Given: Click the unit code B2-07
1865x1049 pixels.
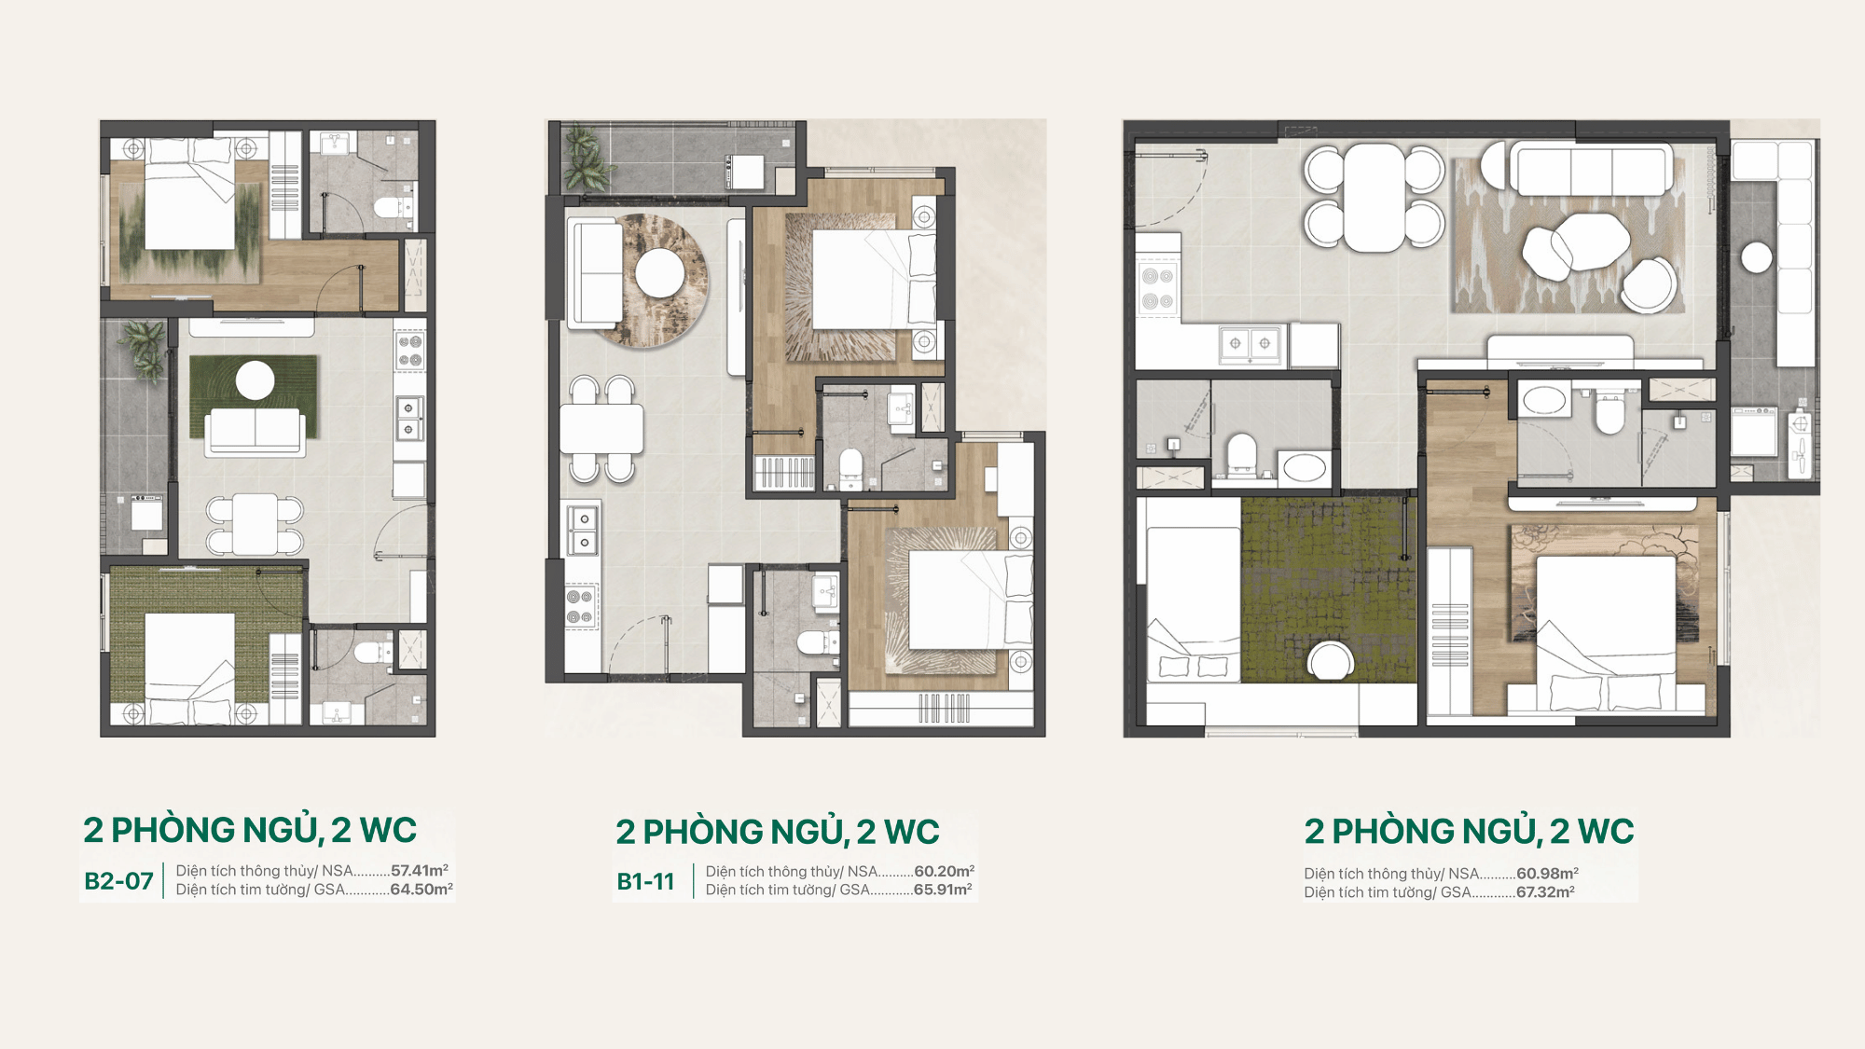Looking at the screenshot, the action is [118, 881].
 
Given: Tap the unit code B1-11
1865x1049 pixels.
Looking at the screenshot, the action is [645, 881].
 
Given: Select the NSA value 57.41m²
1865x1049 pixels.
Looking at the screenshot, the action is [420, 870].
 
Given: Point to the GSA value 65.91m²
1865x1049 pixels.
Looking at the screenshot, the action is [943, 890].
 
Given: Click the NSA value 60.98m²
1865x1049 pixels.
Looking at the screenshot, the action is [1547, 874].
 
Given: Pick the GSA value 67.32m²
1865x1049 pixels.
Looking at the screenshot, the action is [1545, 892].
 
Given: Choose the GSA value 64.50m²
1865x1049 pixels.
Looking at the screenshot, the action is [421, 890].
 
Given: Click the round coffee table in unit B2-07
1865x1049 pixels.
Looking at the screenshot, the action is [255, 380].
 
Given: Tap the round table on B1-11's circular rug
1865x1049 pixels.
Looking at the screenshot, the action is [661, 272].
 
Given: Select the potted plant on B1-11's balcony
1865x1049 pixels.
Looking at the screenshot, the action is [587, 159].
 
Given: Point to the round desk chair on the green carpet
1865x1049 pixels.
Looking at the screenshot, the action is [1331, 660].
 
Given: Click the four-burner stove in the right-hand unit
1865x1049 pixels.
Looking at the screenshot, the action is [1157, 288].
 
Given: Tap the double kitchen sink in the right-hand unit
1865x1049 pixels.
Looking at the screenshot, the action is [1250, 344].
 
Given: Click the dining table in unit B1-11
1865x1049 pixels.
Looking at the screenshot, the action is [601, 429].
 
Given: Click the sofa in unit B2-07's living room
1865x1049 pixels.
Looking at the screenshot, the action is [255, 432].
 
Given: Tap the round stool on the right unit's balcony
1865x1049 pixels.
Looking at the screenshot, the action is [1757, 257].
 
